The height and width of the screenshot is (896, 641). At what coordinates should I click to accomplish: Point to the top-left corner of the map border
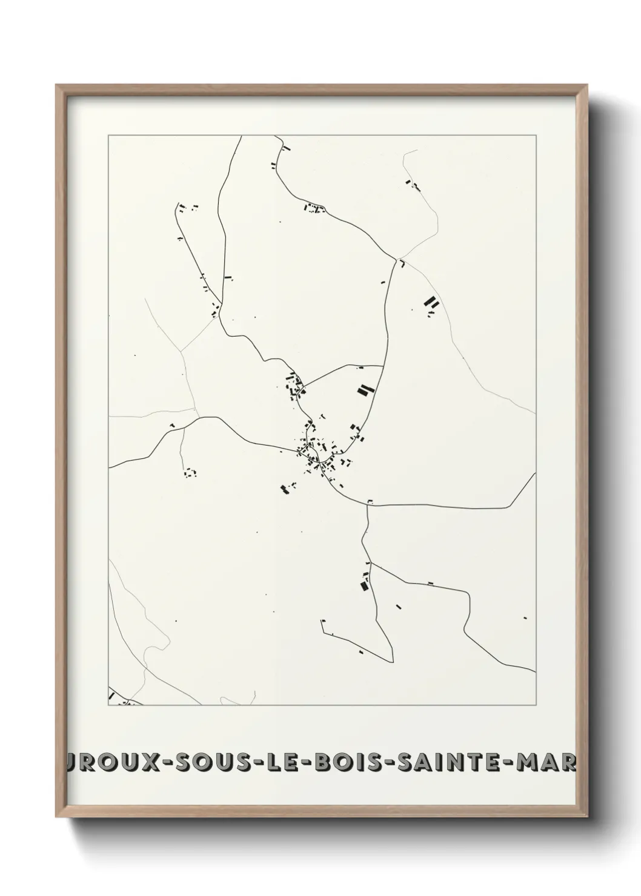[x=108, y=136]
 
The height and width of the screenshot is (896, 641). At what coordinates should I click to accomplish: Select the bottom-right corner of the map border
[x=536, y=705]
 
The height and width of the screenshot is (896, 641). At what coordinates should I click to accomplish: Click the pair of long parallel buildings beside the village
[x=364, y=390]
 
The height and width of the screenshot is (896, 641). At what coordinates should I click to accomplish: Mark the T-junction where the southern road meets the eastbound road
[x=367, y=503]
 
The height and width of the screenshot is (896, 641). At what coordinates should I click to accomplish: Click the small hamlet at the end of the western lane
[x=191, y=472]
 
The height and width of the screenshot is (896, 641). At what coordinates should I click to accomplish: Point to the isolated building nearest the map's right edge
[x=525, y=618]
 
